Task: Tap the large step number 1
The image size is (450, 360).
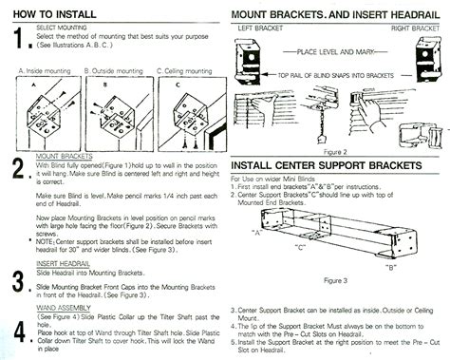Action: pyautogui.click(x=17, y=39)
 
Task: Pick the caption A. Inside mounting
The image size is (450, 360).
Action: pyautogui.click(x=46, y=71)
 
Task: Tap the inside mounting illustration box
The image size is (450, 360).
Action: pyautogui.click(x=45, y=111)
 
